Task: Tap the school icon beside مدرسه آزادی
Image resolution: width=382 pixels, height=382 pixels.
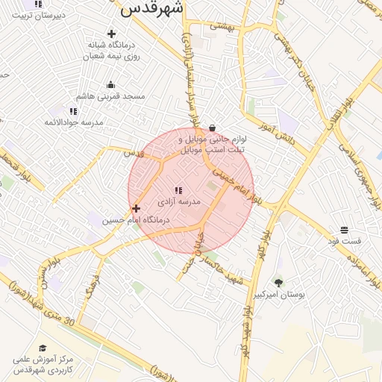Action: click(x=178, y=191)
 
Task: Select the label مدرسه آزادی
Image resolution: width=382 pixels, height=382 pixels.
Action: click(x=180, y=202)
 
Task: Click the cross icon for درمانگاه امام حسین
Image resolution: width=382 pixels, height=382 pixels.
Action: click(x=136, y=209)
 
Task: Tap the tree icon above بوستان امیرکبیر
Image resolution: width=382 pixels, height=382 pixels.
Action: click(x=278, y=283)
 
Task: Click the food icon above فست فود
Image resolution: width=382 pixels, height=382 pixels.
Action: click(x=344, y=230)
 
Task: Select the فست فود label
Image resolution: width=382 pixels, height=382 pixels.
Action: click(x=345, y=241)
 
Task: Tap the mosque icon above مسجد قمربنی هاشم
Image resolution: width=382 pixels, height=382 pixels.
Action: click(x=111, y=84)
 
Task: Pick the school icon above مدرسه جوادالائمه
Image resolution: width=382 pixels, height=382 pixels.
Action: click(x=73, y=111)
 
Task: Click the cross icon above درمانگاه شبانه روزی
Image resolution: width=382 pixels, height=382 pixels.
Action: click(x=111, y=34)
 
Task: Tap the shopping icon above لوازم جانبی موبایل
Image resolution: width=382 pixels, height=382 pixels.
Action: click(x=213, y=127)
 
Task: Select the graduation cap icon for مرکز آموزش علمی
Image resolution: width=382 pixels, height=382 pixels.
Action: click(x=43, y=348)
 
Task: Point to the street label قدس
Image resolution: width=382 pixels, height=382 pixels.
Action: click(x=134, y=153)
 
